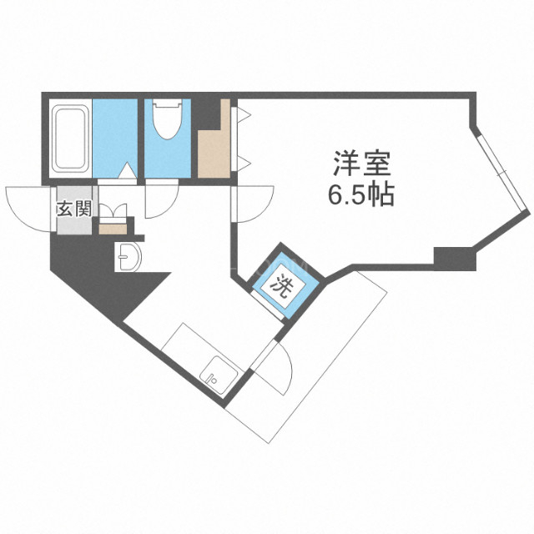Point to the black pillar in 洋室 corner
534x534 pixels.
tap(454, 258)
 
